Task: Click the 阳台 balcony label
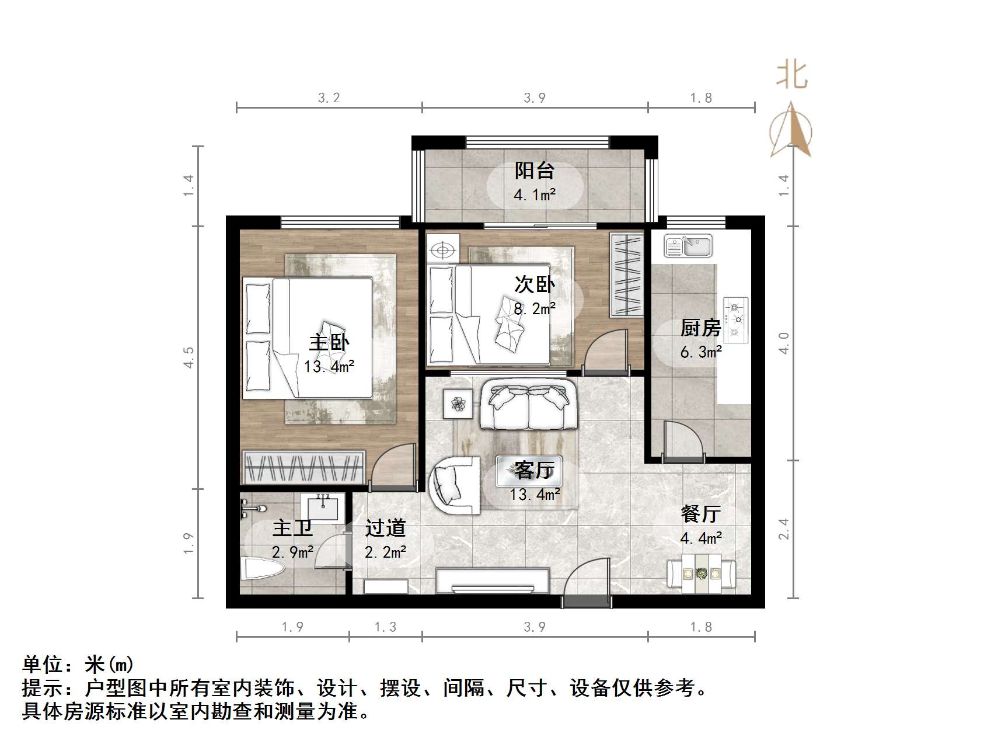tap(534, 171)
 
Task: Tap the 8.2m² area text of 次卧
tap(534, 308)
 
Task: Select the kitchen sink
tap(688, 246)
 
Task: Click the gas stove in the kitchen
tap(735, 319)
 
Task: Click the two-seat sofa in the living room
tap(529, 404)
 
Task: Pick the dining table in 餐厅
tap(702, 573)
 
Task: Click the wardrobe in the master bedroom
tap(303, 467)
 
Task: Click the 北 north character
tap(791, 75)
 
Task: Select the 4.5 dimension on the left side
tap(189, 357)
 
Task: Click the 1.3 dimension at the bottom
tap(385, 627)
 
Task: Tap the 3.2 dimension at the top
tap(329, 98)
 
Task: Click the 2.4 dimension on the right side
tap(784, 529)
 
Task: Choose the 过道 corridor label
tap(385, 528)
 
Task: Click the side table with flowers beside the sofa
tap(458, 403)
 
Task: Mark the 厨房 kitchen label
tap(700, 328)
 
